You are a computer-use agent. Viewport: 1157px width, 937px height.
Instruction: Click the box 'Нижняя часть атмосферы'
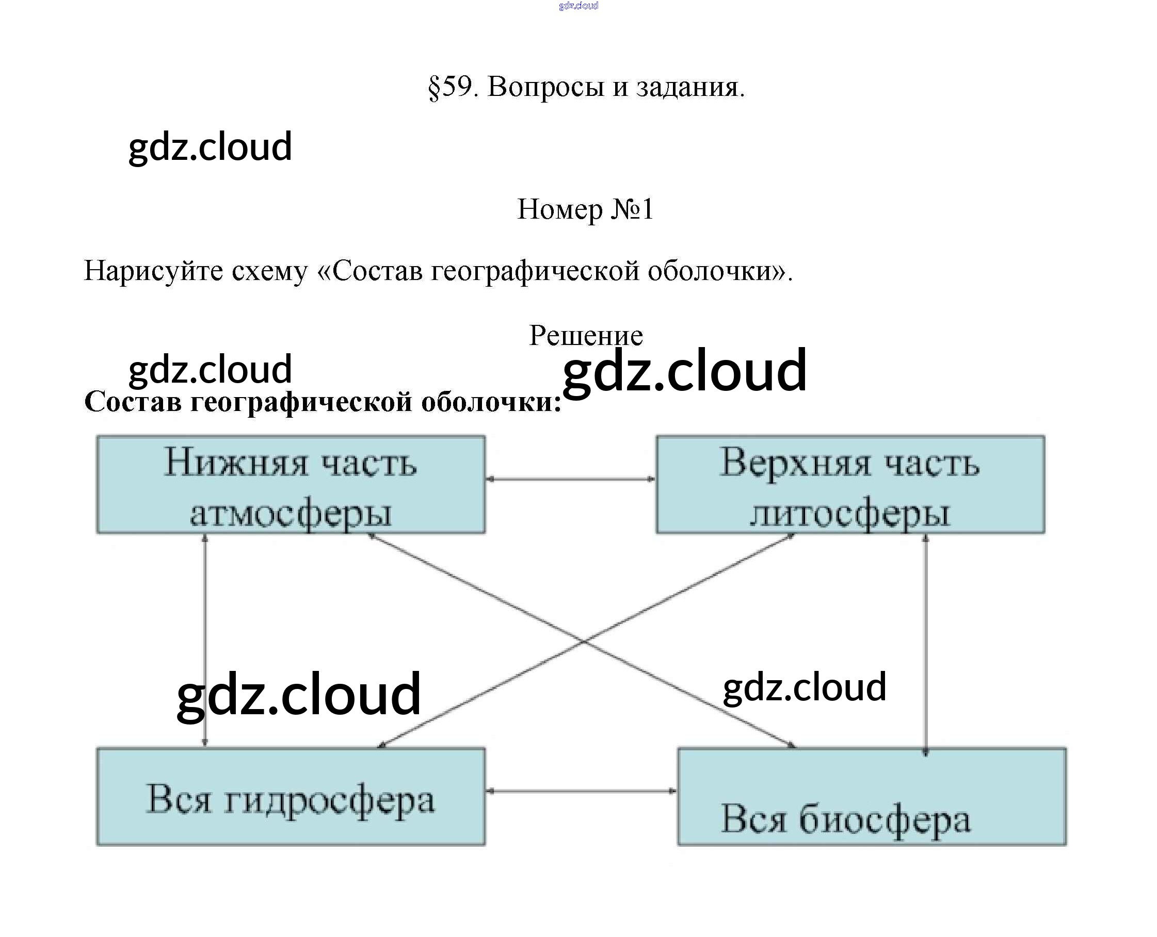pos(291,484)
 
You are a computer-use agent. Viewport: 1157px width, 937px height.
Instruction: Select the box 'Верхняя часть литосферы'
pos(850,484)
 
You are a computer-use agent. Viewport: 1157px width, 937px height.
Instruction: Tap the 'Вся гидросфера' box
pos(291,797)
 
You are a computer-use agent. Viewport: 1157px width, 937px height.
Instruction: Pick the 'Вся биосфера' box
pos(872,797)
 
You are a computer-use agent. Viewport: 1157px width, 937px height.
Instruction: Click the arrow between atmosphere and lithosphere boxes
pos(570,479)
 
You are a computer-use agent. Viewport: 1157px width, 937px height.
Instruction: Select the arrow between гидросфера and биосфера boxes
pos(581,791)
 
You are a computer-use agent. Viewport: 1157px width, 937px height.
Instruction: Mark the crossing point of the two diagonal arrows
pos(583,640)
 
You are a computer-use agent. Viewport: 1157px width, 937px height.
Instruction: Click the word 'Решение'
pos(586,336)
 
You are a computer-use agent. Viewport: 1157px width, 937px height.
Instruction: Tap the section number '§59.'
pos(453,86)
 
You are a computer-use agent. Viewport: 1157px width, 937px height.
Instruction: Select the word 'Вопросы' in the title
pos(545,86)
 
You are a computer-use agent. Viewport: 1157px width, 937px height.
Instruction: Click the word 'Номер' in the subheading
pos(559,209)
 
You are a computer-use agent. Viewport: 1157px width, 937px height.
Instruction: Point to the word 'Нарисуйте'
pos(153,270)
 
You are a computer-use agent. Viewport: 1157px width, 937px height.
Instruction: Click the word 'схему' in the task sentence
pos(269,270)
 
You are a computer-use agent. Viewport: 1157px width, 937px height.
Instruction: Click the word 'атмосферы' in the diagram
pos(291,513)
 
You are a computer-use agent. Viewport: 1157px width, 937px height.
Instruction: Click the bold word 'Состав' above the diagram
pos(132,402)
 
